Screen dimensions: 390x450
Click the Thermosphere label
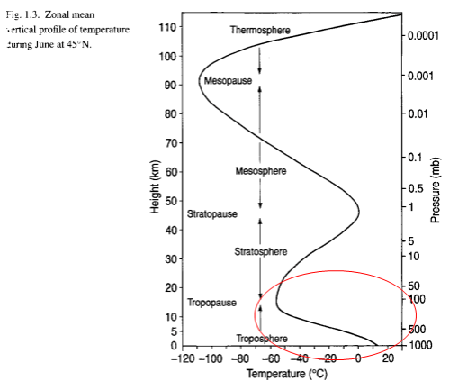pos(260,31)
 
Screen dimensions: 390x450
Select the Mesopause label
pos(228,81)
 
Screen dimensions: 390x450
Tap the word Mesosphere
pos(260,171)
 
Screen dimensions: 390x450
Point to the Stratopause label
pos(211,214)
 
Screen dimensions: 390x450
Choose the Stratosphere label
pos(260,251)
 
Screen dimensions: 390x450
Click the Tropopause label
pos(212,303)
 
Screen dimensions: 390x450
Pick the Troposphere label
pos(262,338)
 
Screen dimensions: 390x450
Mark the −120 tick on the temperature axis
pos(184,358)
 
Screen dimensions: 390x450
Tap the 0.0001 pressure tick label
pos(422,36)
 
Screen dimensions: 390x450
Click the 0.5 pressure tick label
pos(415,188)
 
